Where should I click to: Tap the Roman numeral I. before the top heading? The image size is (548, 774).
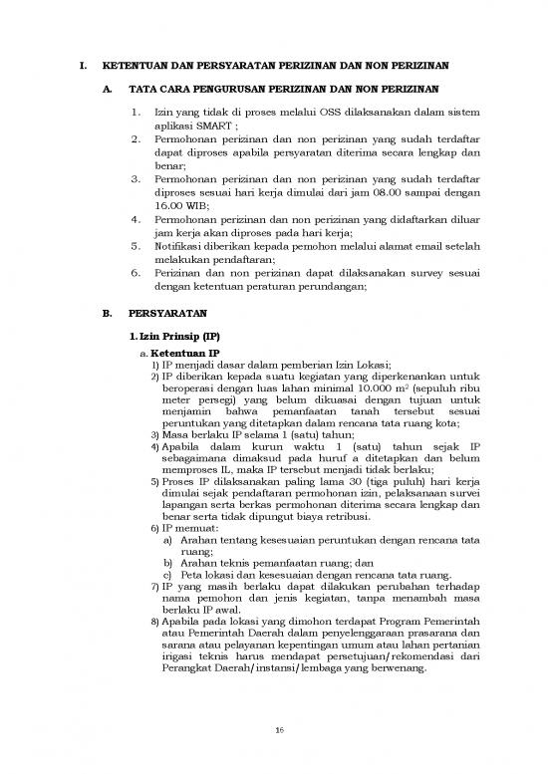tap(82, 66)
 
